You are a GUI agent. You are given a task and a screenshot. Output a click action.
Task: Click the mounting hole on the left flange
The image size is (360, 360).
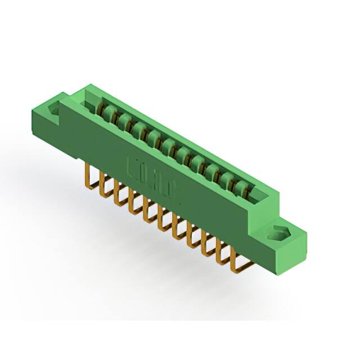point(55,112)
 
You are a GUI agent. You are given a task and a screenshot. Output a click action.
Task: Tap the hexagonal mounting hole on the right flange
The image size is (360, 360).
point(279,231)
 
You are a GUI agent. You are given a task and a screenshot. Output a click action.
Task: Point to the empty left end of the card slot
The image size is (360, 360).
point(90,101)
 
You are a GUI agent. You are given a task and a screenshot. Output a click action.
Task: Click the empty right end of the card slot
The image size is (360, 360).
point(256,196)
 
